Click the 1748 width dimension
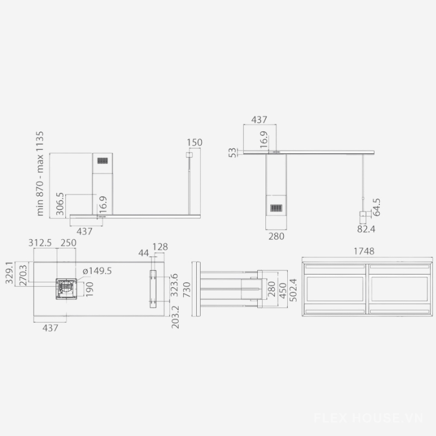364,251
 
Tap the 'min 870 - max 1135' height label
40,173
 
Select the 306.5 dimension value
60,203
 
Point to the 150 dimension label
195,142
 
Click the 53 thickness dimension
233,153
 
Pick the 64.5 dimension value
376,207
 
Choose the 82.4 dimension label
366,229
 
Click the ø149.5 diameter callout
98,270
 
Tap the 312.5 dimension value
40,243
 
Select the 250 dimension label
69,243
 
